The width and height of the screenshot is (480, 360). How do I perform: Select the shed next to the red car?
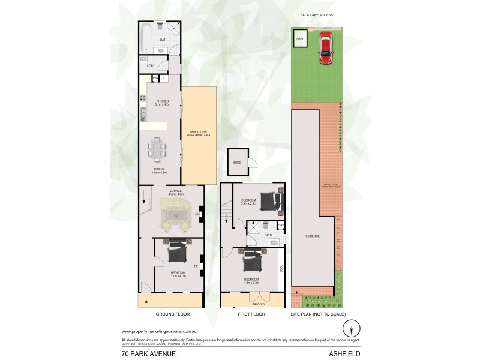[300, 40]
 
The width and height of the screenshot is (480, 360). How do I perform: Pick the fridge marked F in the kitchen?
[163, 79]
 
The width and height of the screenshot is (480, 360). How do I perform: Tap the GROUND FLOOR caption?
[173, 314]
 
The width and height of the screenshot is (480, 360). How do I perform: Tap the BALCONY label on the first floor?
[252, 304]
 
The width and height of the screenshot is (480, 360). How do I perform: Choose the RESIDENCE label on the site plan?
[311, 236]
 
